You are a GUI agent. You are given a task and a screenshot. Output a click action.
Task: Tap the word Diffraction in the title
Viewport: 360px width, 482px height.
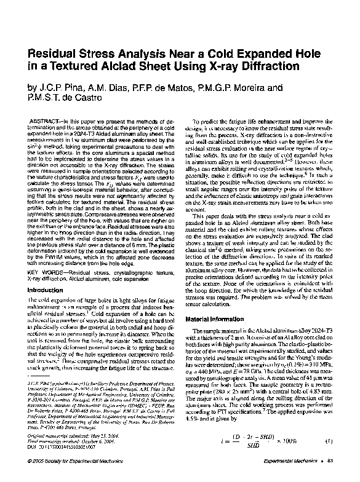point(259,66)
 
